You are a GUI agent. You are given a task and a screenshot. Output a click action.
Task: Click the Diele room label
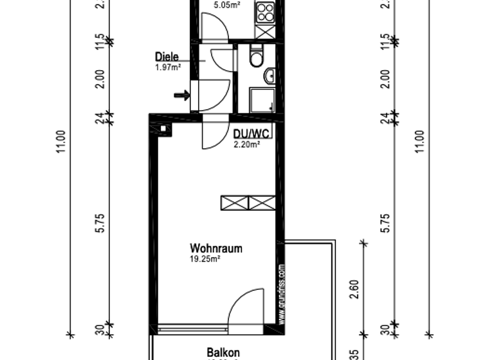167,57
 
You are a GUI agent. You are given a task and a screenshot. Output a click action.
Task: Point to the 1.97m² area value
167,67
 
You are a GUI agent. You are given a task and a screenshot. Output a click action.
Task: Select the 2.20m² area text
246,145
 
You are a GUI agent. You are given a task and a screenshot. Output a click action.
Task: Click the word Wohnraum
215,248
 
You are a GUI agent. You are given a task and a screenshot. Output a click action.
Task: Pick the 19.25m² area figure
206,259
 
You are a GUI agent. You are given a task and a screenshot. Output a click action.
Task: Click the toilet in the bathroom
257,59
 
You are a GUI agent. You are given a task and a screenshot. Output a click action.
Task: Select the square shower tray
262,100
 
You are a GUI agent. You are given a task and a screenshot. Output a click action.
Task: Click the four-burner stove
265,11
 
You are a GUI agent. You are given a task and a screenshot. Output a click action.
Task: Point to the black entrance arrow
183,96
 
